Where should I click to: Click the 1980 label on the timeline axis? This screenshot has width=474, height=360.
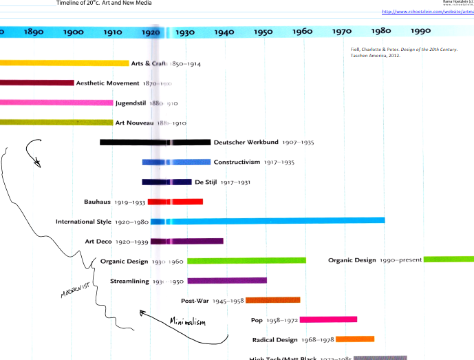tap(380, 31)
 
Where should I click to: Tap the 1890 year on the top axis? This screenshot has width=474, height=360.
tap(33, 32)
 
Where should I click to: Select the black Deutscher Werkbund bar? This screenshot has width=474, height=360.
tap(155, 142)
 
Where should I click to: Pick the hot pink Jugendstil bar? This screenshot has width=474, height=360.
tap(56, 103)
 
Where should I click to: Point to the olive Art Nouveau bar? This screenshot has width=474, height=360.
tap(56, 123)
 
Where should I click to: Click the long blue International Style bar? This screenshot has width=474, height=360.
tap(275, 221)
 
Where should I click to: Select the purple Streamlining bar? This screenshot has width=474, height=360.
tap(226, 281)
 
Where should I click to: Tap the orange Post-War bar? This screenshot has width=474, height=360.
tap(272, 300)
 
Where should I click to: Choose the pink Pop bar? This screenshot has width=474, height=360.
tap(328, 319)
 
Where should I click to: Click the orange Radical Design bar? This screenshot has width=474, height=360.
tap(354, 339)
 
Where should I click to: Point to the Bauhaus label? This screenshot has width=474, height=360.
tap(98, 202)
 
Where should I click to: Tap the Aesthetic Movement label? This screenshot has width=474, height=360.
tap(107, 83)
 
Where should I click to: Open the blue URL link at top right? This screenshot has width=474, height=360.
tap(427, 12)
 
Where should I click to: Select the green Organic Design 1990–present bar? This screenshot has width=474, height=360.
tap(448, 260)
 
